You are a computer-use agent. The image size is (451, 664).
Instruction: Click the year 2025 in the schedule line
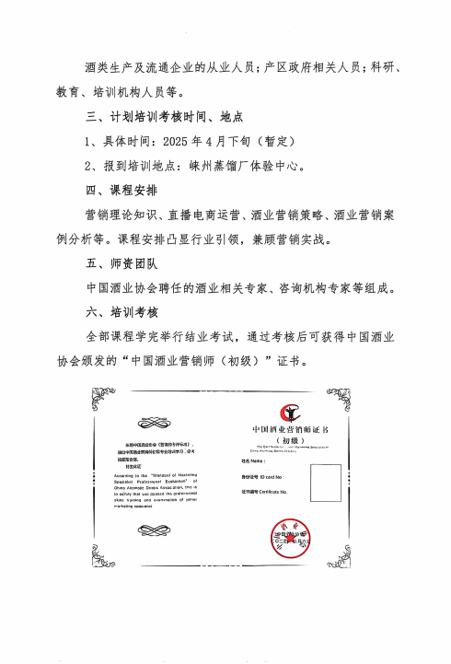click(x=179, y=142)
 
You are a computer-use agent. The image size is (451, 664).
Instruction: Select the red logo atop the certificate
click(x=290, y=414)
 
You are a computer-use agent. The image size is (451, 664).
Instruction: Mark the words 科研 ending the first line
click(x=385, y=69)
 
